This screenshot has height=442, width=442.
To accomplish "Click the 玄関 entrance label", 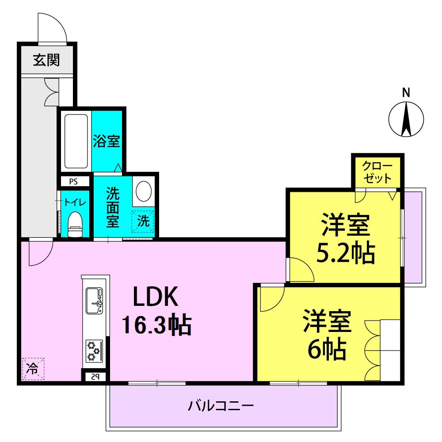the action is tap(46, 60).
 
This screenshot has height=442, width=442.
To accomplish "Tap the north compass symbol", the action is tap(406, 119).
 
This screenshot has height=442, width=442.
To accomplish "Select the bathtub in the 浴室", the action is tap(76, 141).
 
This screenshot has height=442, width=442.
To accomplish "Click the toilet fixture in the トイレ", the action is tap(75, 225).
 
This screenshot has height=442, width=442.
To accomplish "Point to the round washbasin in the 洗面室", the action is tap(144, 191).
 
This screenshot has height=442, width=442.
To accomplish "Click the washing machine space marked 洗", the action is tap(143, 221).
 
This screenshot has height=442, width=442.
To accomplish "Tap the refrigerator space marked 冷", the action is tap(33, 369).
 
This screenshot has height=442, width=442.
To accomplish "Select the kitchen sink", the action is tap(94, 301).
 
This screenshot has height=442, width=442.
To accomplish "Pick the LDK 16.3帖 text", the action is tap(156, 310).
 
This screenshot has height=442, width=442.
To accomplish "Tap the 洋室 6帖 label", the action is tap(327, 335).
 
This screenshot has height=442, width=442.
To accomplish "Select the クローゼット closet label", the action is tap(377, 172).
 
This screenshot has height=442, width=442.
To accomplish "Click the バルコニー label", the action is tap(221, 406).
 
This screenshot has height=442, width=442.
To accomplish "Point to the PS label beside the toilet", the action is tap(73, 182).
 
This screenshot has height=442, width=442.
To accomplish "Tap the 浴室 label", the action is tap(107, 141).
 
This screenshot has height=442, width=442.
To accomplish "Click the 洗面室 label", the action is tap(112, 207).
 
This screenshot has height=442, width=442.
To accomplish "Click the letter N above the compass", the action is tap(406, 92).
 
